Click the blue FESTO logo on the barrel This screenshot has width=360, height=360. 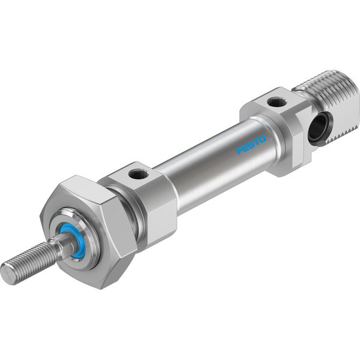click(251, 145)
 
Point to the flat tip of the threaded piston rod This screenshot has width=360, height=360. click(7, 274)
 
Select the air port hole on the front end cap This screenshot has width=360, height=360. click(138, 174)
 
